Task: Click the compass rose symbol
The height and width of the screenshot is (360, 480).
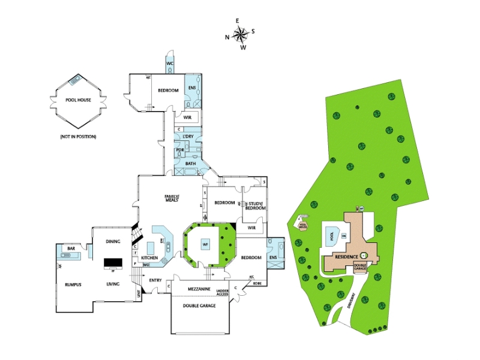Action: coord(241,34)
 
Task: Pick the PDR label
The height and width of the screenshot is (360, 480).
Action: coord(180,150)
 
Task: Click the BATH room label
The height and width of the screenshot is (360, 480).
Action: coord(190,163)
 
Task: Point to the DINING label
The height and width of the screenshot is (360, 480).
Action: coord(113,241)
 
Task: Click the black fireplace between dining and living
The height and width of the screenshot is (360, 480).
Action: coord(113,262)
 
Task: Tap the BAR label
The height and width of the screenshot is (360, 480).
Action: coord(71,248)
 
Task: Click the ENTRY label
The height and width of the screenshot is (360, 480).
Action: coord(155,280)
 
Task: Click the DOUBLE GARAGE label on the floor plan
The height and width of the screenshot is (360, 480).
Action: coord(199,305)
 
